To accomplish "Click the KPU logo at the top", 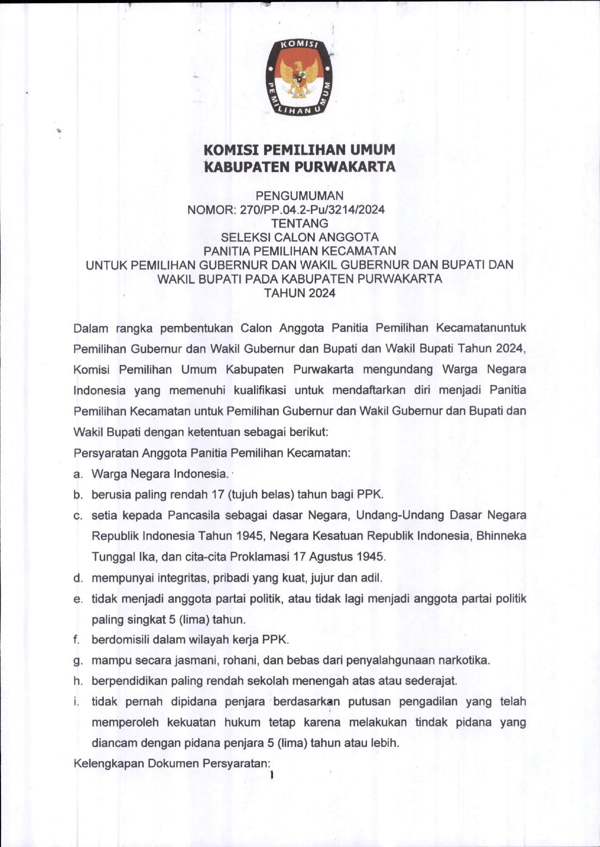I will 299,77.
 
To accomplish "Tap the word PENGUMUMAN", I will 299,196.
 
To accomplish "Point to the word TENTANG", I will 299,224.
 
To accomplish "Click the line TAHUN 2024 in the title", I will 299,293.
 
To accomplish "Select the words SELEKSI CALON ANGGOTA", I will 299,238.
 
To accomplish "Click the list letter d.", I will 77,578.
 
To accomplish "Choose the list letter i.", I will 76,701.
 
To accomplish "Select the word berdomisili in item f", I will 120,640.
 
